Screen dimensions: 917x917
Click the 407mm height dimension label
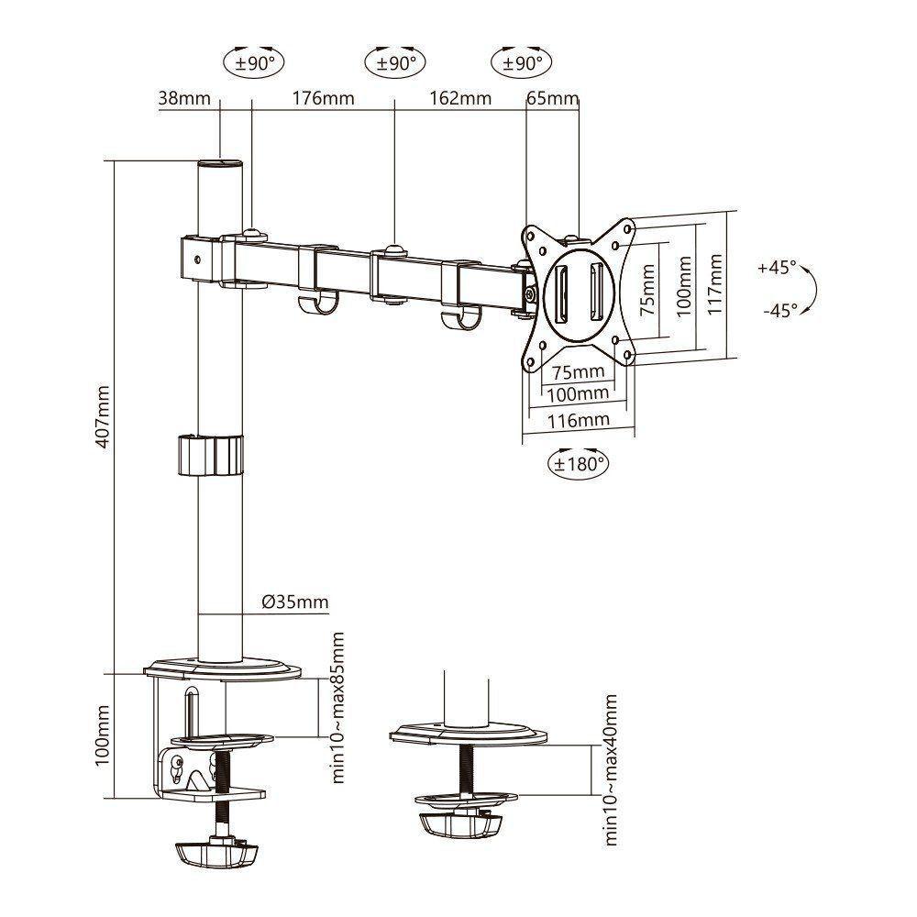point(103,416)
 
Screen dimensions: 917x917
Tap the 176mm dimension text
point(323,98)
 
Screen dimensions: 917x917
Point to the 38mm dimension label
point(184,98)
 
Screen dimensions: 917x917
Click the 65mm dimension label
point(553,98)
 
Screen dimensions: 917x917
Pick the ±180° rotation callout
point(580,464)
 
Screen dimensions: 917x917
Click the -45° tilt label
point(779,309)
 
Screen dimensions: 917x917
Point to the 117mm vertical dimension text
point(717,284)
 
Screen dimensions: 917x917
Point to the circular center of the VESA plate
point(579,292)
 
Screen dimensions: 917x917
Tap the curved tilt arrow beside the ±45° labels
point(812,289)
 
